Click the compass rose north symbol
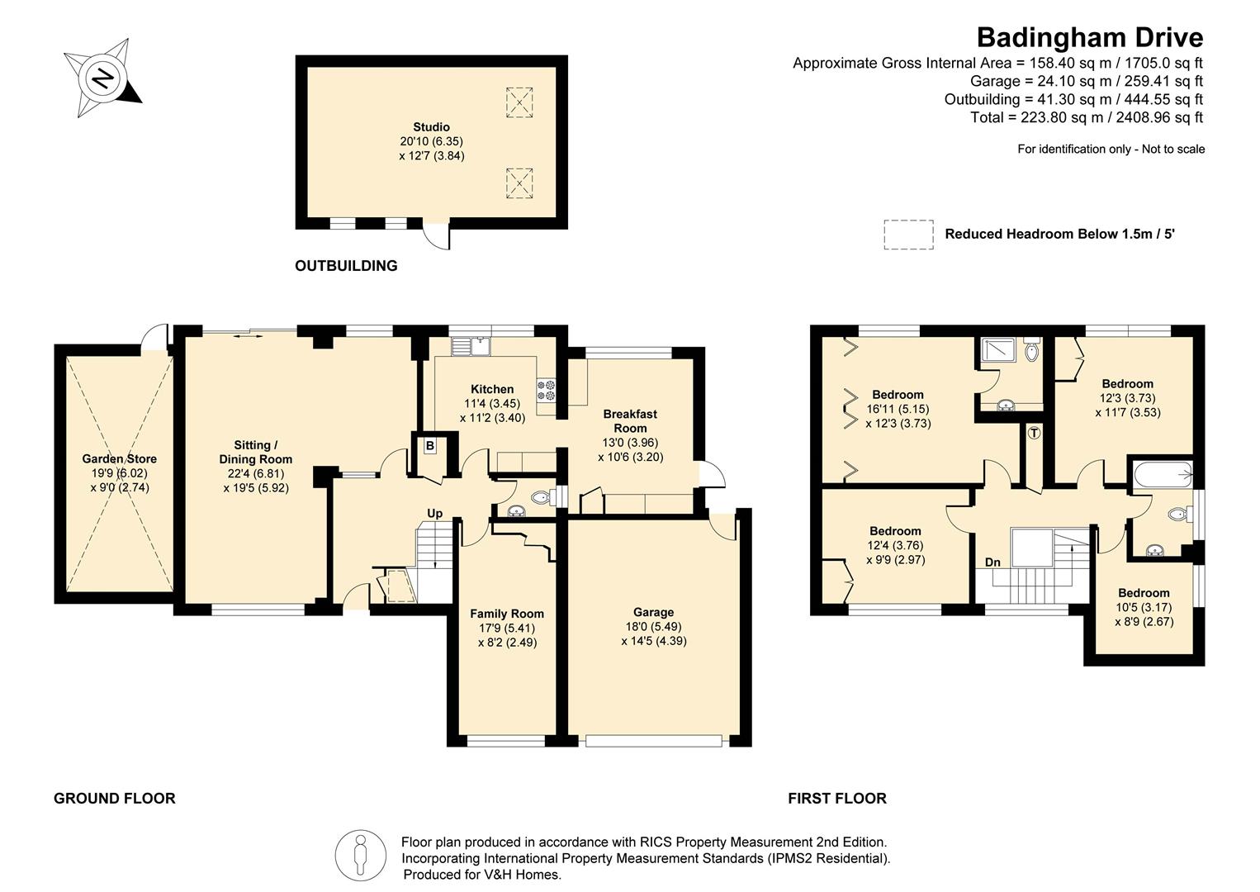(x=102, y=78)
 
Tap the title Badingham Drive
(x=1089, y=37)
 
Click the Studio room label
(x=431, y=127)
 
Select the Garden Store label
(x=119, y=459)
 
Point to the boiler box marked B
(x=429, y=446)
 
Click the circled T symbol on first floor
(x=1034, y=433)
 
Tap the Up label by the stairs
(x=434, y=513)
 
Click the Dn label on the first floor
(x=992, y=562)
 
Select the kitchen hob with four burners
(x=546, y=391)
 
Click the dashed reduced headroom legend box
(x=908, y=234)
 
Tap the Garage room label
(x=653, y=612)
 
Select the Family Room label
(x=507, y=614)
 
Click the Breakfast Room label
(x=630, y=420)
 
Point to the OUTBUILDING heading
(x=346, y=266)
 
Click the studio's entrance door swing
(x=436, y=237)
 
